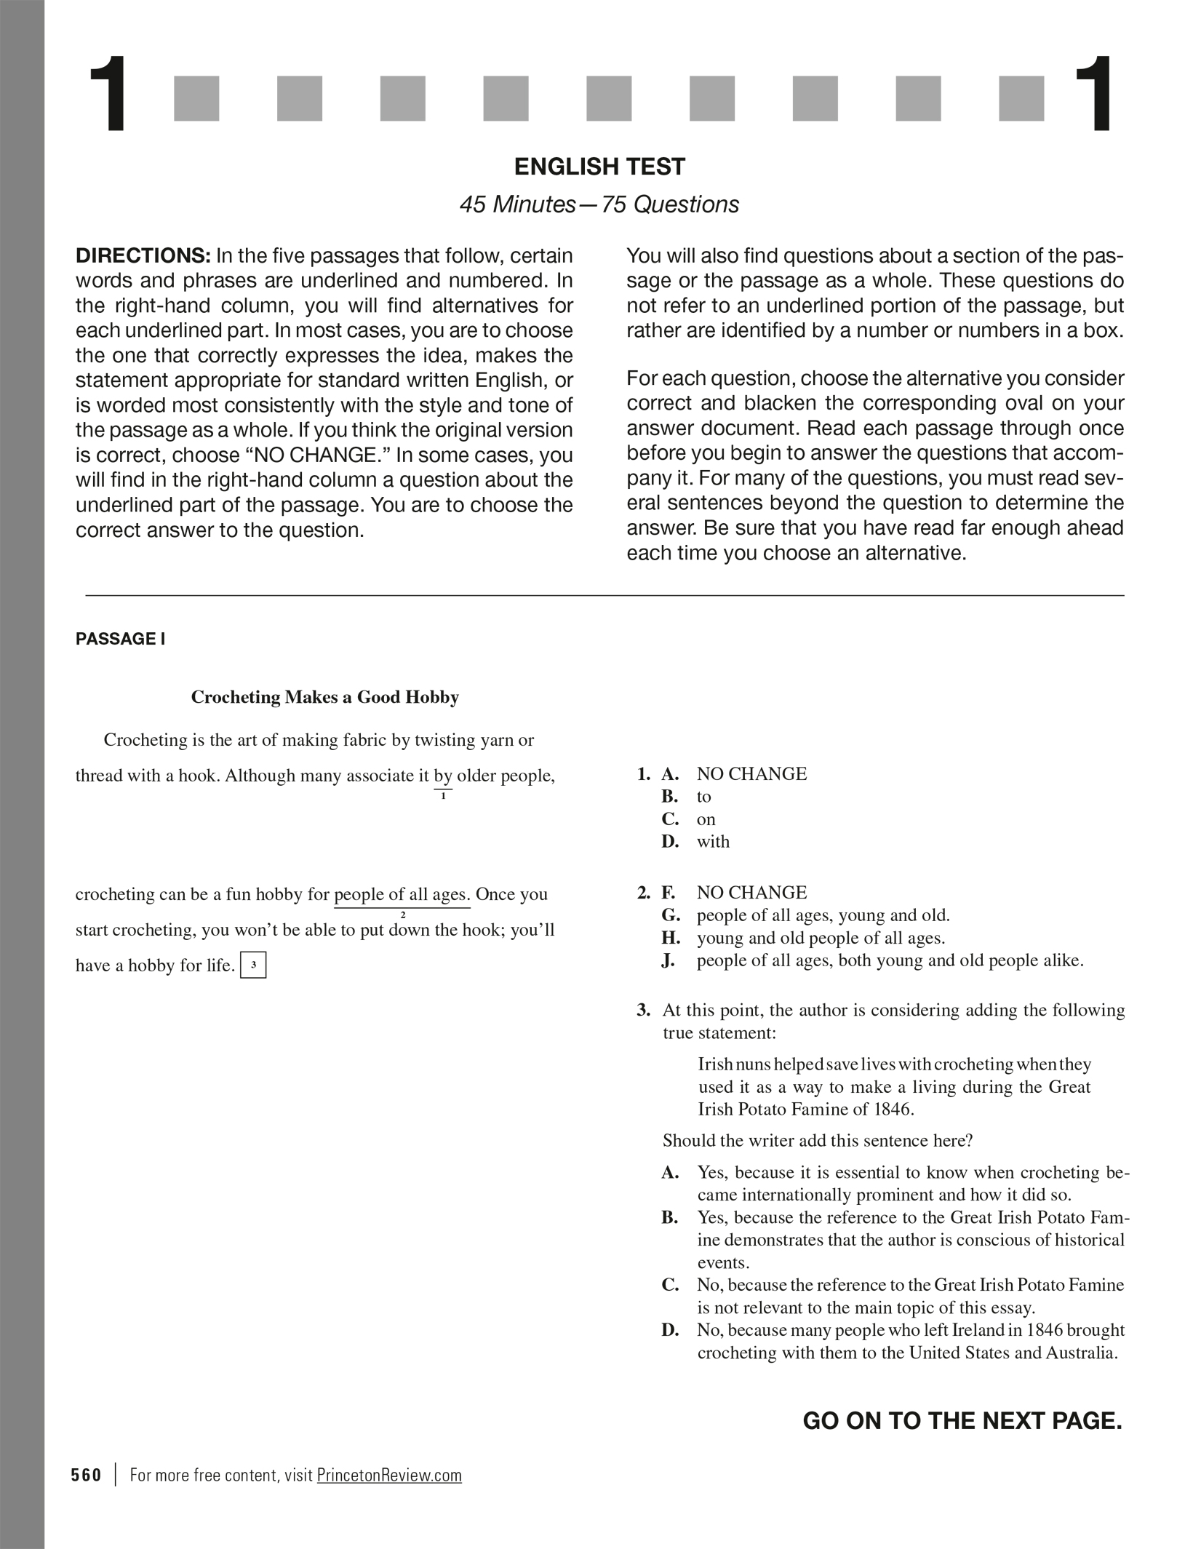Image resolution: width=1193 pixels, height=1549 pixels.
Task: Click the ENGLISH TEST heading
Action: [x=599, y=167]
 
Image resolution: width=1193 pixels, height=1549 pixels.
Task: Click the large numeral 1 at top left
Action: [x=107, y=95]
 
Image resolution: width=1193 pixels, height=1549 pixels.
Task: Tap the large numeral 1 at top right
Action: [x=1092, y=95]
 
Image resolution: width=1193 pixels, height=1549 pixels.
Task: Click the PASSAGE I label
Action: [x=120, y=639]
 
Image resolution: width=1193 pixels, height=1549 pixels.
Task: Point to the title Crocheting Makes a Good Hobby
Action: [x=324, y=697]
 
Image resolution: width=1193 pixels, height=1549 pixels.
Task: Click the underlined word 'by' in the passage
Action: [x=443, y=776]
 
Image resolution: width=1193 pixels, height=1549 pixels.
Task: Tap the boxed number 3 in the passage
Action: [x=253, y=965]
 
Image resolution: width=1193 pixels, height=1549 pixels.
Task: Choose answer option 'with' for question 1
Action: [x=713, y=842]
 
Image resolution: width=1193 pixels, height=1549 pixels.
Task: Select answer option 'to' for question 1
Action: [x=703, y=797]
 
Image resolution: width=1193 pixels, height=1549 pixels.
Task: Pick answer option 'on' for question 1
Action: [x=706, y=819]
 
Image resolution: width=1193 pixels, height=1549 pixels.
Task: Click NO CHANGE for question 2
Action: [x=751, y=893]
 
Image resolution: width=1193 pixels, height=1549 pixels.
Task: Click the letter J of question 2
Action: [x=668, y=960]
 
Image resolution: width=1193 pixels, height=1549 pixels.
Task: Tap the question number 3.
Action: [x=643, y=1010]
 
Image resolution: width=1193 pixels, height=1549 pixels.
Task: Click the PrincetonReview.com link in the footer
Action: [x=389, y=1475]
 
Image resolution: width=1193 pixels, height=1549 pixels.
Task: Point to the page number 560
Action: [x=87, y=1475]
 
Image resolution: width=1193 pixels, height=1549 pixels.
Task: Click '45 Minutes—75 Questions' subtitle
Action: [x=599, y=204]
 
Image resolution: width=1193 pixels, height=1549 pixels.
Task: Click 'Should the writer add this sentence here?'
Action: [x=817, y=1141]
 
